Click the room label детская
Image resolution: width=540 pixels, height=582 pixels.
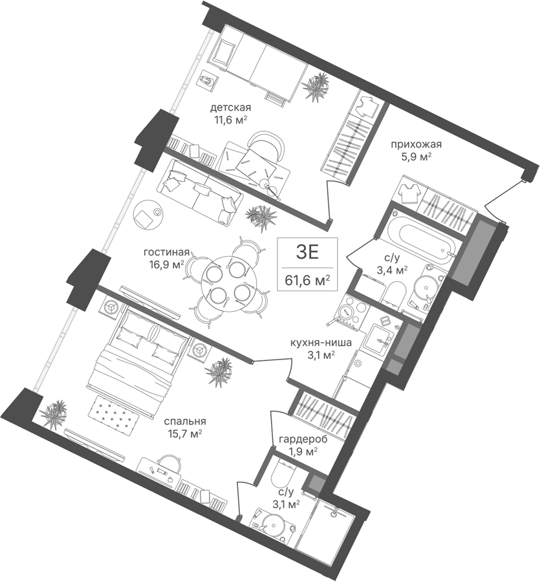(230, 107)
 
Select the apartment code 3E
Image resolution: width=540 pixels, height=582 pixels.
(308, 253)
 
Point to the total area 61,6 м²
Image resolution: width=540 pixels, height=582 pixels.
(308, 280)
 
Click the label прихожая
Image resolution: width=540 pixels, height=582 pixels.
(416, 144)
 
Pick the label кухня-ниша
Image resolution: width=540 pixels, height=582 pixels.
(321, 343)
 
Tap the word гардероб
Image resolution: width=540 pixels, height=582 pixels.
(303, 440)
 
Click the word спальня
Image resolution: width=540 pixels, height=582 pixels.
(185, 422)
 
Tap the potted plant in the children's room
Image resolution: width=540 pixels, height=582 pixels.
(315, 85)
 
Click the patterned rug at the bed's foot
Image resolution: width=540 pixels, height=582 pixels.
(114, 416)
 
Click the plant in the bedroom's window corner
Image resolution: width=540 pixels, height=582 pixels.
(54, 414)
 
